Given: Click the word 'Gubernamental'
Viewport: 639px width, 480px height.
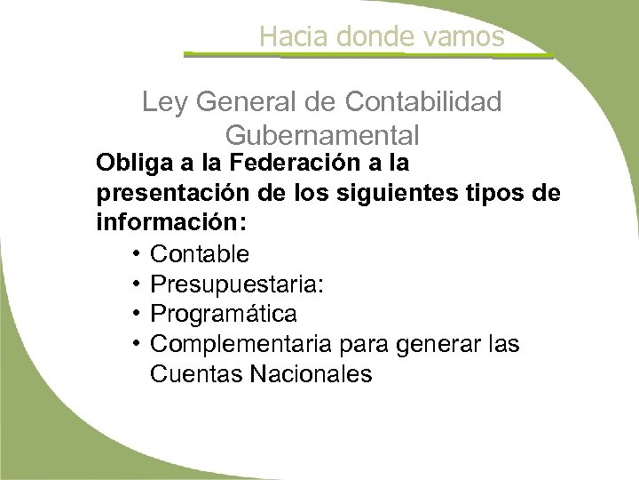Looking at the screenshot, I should pos(322,136).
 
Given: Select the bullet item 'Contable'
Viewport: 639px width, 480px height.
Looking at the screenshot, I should pos(200,254).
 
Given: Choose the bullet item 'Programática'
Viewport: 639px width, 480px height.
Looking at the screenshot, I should pos(224,315).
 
